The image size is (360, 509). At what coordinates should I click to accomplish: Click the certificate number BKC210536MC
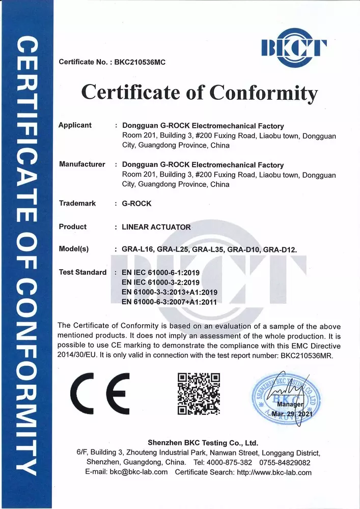(140, 62)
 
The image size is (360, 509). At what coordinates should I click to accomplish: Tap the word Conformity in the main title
(263, 93)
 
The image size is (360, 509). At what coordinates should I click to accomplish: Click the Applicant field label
(75, 125)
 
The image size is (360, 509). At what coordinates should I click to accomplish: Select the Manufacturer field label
(82, 164)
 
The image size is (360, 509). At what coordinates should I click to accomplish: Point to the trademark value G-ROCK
(136, 204)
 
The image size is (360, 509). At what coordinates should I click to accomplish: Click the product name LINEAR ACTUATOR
(156, 227)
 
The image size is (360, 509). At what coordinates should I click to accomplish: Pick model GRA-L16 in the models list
(137, 249)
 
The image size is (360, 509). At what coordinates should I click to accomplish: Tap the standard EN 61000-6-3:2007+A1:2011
(170, 302)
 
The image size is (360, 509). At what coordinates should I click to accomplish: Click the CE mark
(100, 394)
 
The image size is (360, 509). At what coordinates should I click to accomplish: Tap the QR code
(199, 393)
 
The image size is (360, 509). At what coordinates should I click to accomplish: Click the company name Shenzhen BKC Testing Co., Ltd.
(203, 443)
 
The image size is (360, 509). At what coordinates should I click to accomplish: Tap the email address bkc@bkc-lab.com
(139, 472)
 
